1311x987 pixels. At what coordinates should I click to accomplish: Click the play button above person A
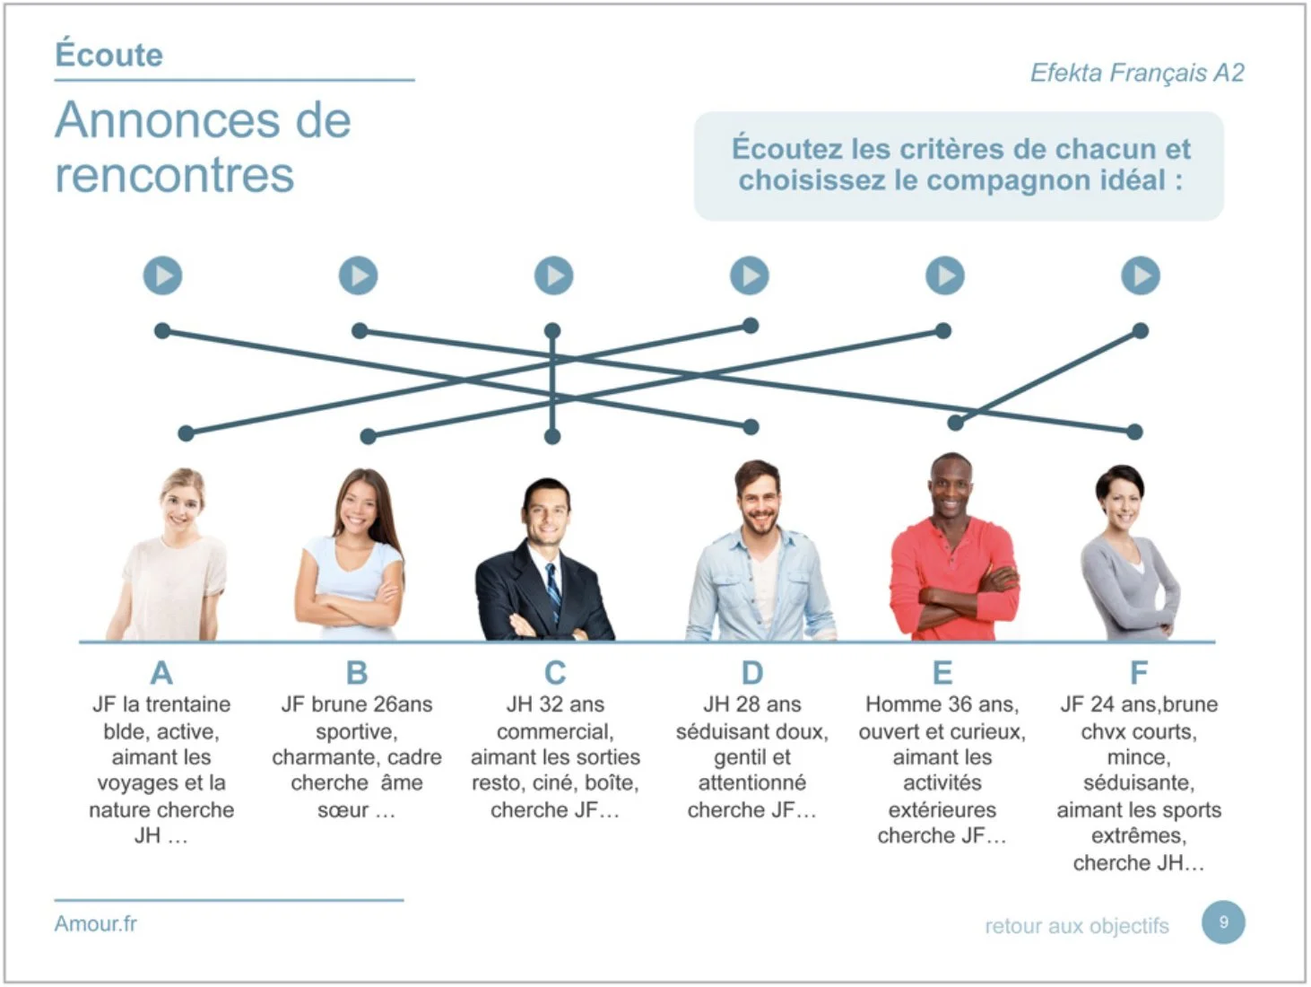click(x=162, y=275)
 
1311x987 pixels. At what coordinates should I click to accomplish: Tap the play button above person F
click(x=1141, y=275)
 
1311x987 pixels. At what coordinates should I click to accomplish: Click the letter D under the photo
click(x=752, y=672)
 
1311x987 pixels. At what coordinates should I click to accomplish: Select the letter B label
click(x=357, y=672)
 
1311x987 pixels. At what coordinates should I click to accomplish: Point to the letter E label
click(x=942, y=672)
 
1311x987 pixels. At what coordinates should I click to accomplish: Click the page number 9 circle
click(x=1223, y=922)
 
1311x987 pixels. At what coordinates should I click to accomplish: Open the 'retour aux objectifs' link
click(x=1077, y=926)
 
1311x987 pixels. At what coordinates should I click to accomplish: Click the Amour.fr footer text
click(x=95, y=923)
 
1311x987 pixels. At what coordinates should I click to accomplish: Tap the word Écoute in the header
click(x=109, y=55)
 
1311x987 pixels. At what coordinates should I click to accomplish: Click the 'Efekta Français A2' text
click(x=1137, y=73)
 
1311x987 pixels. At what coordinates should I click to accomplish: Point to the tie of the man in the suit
click(x=552, y=588)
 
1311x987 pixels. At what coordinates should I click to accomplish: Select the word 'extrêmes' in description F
click(x=1138, y=836)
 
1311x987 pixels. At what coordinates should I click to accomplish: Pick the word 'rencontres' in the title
click(x=175, y=175)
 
